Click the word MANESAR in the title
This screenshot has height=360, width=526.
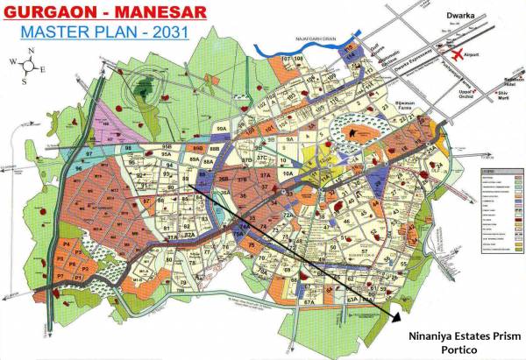(150, 13)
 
